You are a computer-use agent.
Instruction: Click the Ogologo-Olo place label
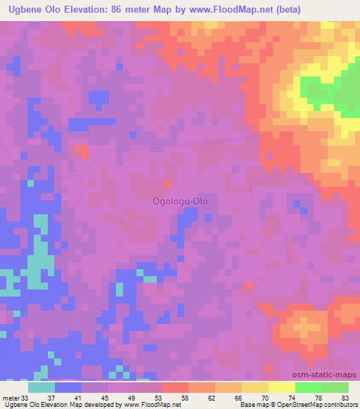[x=180, y=200]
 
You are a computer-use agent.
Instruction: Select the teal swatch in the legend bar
[x=41, y=387]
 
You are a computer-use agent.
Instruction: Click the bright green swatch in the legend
[x=308, y=387]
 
